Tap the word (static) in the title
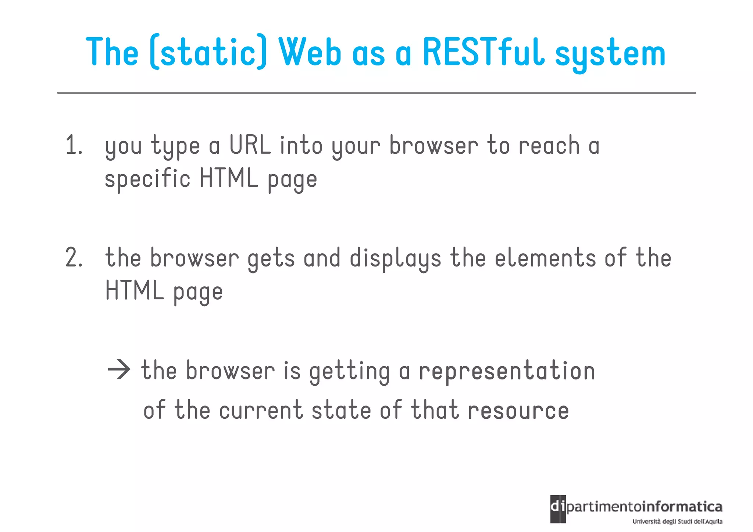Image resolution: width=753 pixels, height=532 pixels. [x=208, y=53]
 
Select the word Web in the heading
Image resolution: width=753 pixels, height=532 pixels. [x=310, y=53]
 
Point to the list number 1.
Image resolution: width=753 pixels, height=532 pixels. [x=73, y=145]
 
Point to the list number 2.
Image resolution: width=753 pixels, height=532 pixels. [x=74, y=258]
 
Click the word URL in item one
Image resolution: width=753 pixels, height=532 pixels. [x=250, y=145]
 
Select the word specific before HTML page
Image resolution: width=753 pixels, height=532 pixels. [x=147, y=179]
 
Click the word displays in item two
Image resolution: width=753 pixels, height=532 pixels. [x=395, y=258]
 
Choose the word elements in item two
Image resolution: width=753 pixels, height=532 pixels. [x=545, y=258]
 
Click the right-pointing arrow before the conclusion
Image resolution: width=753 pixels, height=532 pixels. [x=119, y=369]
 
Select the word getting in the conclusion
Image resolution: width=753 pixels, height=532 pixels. [x=349, y=372]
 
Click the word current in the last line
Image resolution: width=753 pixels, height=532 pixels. [x=261, y=410]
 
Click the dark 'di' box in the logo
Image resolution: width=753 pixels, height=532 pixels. [x=558, y=509]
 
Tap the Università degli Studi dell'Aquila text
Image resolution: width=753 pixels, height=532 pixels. [x=677, y=521]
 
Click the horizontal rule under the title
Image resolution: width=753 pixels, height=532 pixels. [x=376, y=93]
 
